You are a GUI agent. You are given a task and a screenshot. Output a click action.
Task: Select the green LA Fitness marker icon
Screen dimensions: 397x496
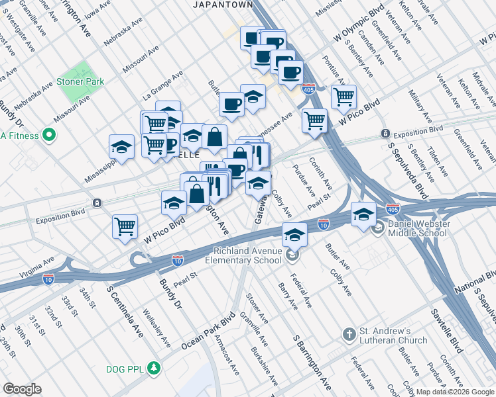48,136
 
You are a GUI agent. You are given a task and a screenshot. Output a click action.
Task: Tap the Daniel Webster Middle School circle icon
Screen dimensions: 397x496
377,230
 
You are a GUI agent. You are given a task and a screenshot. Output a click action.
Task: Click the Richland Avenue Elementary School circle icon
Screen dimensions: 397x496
293,255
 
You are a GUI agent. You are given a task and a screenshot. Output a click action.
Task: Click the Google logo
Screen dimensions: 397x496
22,389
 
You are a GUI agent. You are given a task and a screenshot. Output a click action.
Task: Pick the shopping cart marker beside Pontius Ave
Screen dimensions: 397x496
343,97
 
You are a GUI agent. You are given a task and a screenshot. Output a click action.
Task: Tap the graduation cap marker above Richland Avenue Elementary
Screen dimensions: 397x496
294,234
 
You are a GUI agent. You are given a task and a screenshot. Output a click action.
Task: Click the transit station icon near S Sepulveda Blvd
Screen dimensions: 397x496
386,134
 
